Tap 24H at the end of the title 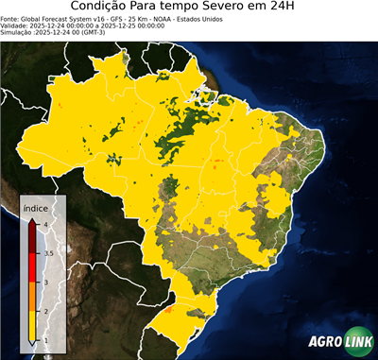(288, 8)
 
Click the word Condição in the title (101, 8)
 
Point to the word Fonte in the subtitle (10, 18)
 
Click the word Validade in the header (15, 26)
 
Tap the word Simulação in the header (17, 33)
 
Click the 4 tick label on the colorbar (46, 224)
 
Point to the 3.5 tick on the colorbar (48, 253)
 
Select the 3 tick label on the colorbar (46, 283)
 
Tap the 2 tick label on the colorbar (46, 311)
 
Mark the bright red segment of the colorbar (33, 268)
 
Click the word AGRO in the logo (324, 342)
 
